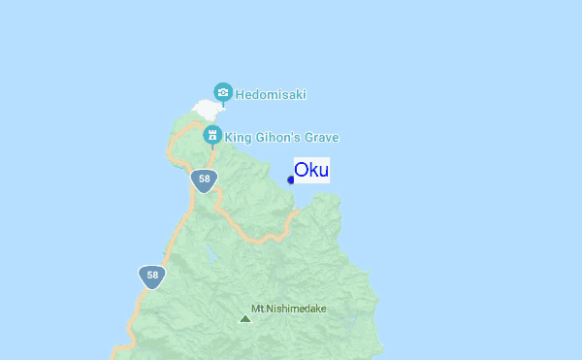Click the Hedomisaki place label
pos(271,95)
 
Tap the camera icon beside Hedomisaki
pos(223,92)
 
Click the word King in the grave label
pos(238,138)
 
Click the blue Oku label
pos(311,170)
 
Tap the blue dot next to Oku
pos(291,180)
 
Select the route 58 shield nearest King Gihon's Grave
pos(203,180)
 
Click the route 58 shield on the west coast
pos(152,276)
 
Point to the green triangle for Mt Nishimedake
pos(244,317)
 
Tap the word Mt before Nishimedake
pos(257,309)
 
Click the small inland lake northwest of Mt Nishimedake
pos(210,258)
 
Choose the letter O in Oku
pos(303,170)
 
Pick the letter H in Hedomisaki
pos(240,95)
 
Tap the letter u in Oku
pos(323,171)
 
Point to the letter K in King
pos(229,138)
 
